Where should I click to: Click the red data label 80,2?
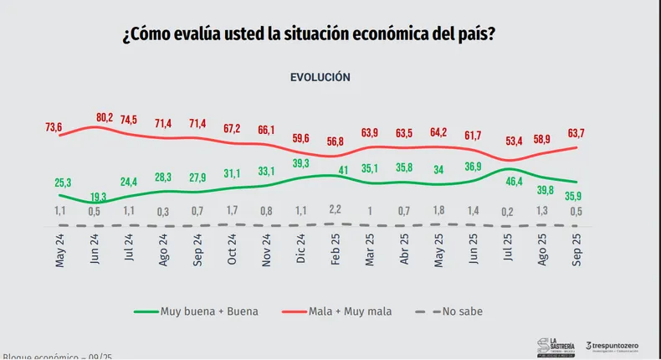[105, 117]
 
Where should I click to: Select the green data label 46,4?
[511, 180]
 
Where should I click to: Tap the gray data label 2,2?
[334, 208]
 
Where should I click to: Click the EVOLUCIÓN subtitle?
[320, 76]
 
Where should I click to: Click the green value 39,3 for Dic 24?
[300, 163]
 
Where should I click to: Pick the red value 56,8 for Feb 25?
[334, 141]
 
